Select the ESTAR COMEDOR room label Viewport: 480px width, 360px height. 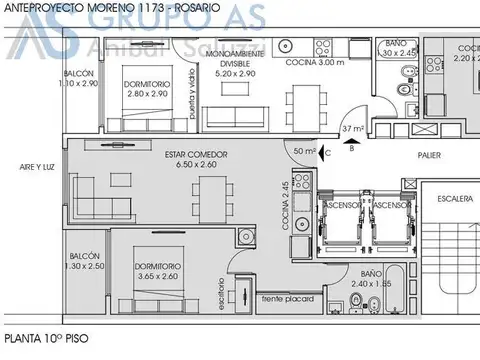tap(196, 154)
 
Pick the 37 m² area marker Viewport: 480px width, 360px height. tap(351, 130)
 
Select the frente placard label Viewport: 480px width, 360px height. tap(288, 299)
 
